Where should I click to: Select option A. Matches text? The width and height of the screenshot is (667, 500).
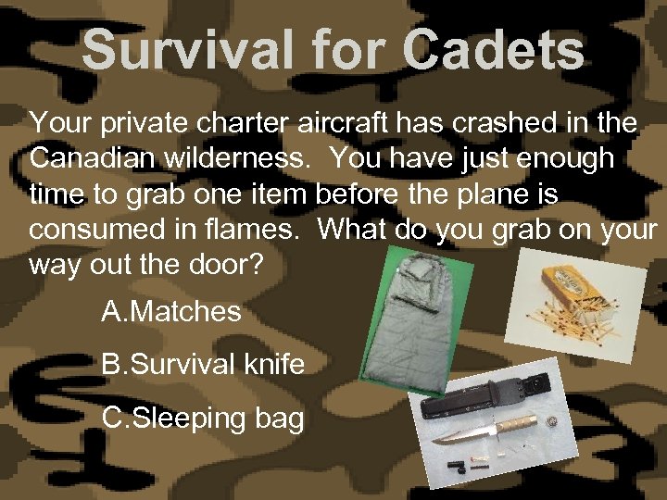point(171,312)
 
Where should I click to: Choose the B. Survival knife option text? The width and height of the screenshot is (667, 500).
point(203,364)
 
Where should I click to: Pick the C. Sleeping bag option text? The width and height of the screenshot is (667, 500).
point(203,418)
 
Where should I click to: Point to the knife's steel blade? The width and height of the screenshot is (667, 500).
point(469,433)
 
